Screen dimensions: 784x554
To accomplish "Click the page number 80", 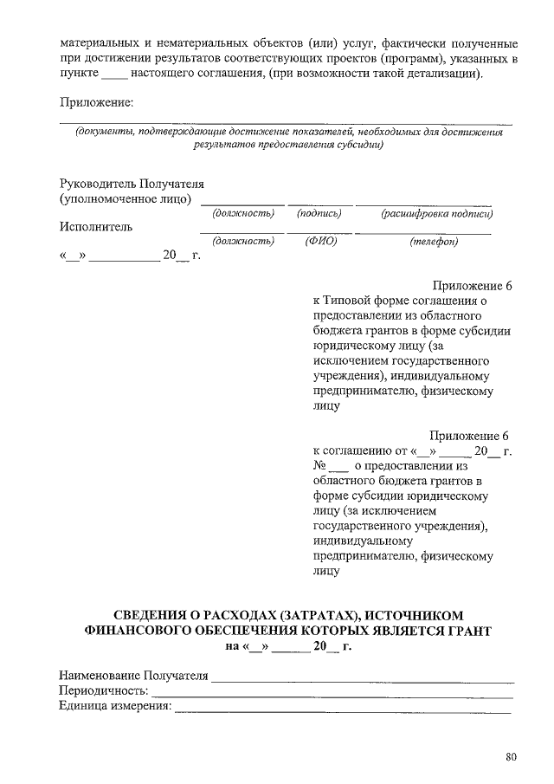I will pos(511,758).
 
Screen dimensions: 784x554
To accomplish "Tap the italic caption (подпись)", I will pos(319,213).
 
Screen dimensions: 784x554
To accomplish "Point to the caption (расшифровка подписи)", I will pos(437,213).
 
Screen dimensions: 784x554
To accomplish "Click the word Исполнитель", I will pos(96,227).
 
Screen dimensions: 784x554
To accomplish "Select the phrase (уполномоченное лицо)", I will pos(126,199).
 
